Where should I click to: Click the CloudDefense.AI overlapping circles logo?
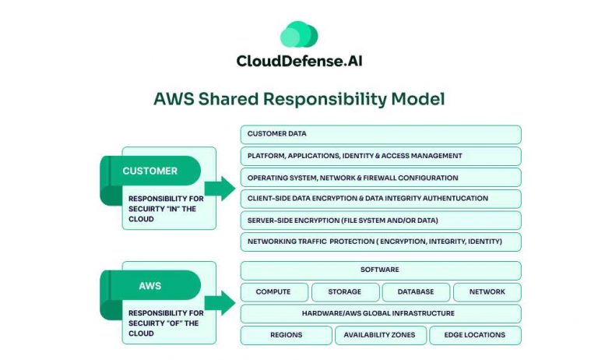coord(299,35)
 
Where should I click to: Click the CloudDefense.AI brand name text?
coord(299,61)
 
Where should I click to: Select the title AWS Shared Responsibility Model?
coord(299,99)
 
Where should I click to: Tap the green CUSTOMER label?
coord(150,171)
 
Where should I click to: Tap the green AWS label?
coord(150,285)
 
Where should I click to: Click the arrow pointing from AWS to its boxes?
coord(220,302)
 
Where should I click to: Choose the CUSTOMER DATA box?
coord(381,134)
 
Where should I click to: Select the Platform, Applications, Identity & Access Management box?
coord(381,156)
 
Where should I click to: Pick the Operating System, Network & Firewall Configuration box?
coord(381,178)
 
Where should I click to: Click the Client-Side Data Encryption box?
coord(381,199)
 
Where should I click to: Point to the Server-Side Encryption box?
coord(381,221)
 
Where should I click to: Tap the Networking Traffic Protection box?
coord(381,242)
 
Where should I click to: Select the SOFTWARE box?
coord(381,270)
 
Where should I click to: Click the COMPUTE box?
coord(273,292)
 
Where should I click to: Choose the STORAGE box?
coord(345,292)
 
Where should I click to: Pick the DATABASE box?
coord(415,292)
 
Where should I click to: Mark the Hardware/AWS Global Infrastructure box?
coord(381,313)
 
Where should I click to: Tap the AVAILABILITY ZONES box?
coord(381,335)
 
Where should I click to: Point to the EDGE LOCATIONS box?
coord(475,335)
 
